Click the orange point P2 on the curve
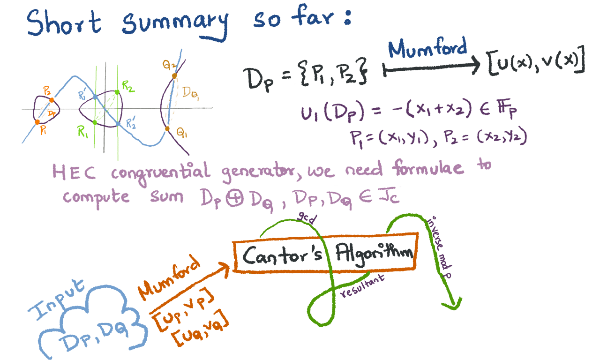52,100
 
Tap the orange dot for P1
37,122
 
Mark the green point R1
95,123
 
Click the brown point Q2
174,75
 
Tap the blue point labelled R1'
95,97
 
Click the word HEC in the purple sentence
75,172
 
